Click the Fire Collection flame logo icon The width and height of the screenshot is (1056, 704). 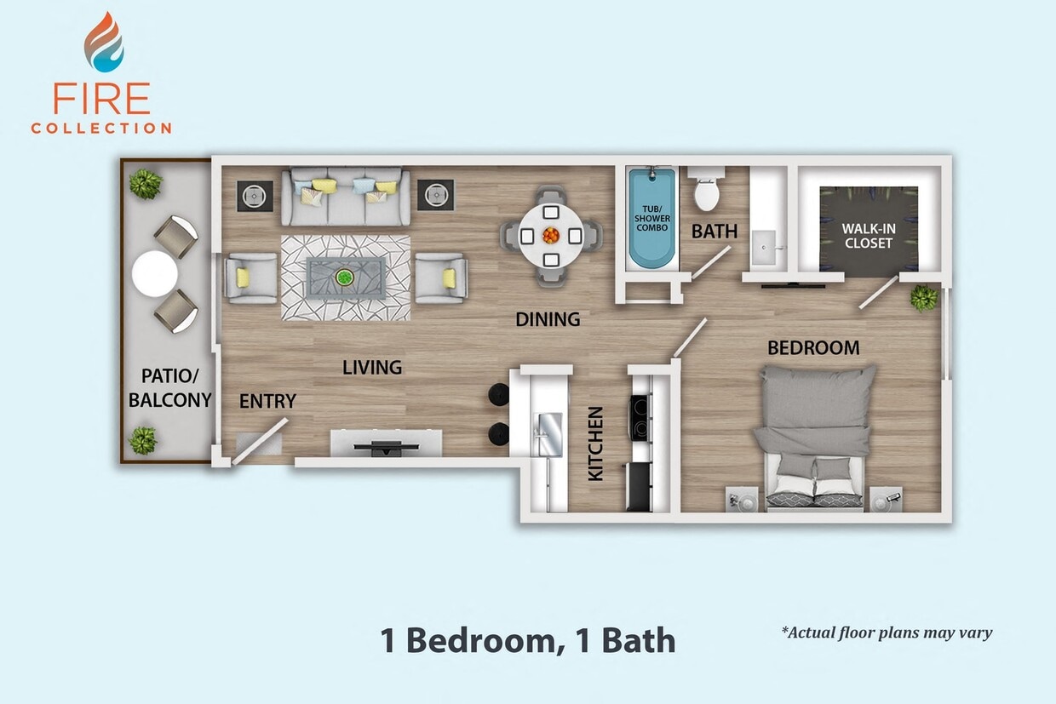[x=103, y=42]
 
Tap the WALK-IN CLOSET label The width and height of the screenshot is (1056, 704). [x=868, y=236]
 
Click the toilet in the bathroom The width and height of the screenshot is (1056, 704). [x=707, y=192]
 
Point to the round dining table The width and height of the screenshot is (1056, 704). [x=551, y=233]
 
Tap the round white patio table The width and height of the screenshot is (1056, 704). [x=156, y=274]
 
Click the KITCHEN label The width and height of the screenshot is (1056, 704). [x=595, y=444]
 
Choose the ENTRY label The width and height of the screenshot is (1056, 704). [x=267, y=401]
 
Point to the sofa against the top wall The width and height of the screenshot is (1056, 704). [x=346, y=197]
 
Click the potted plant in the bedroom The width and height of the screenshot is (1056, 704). [x=923, y=297]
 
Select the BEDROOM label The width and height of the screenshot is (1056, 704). [x=813, y=347]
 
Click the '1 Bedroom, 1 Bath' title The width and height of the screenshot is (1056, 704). [x=528, y=640]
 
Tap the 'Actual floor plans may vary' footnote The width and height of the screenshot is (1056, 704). [x=887, y=632]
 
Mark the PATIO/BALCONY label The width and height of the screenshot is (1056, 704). [x=169, y=387]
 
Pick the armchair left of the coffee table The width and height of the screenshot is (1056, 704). [x=250, y=278]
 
